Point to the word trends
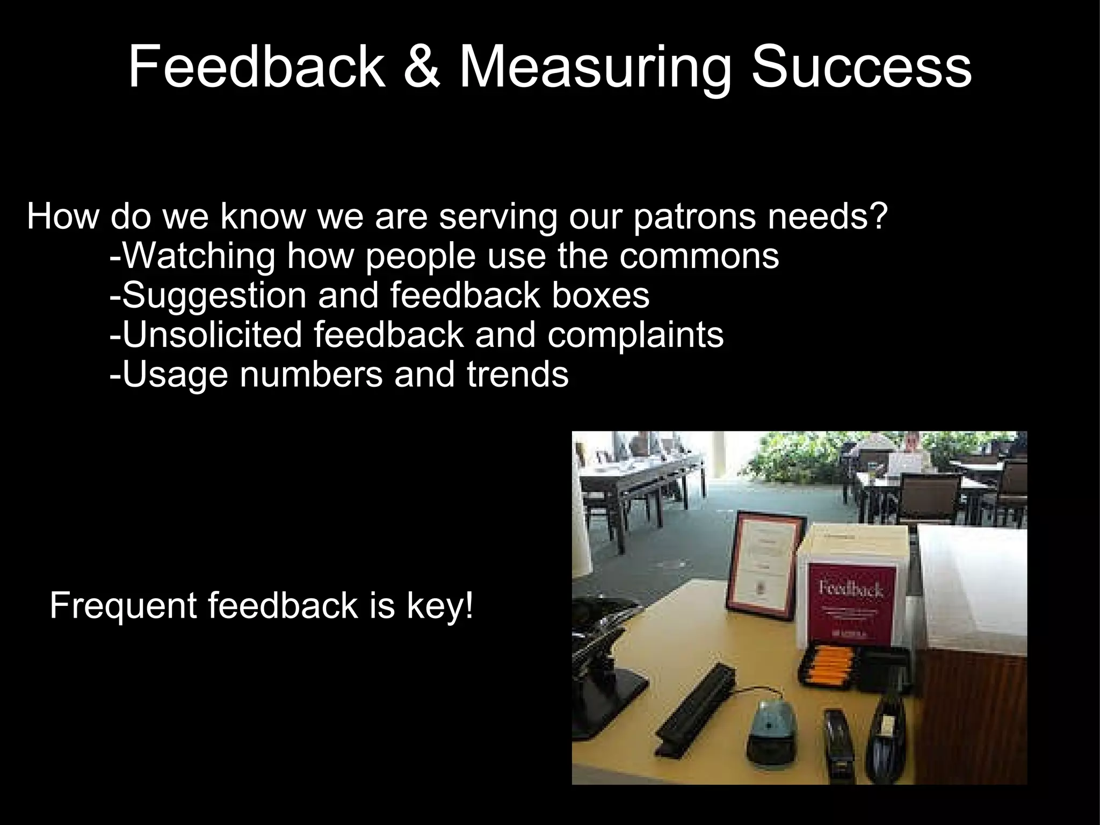pyautogui.click(x=517, y=374)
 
